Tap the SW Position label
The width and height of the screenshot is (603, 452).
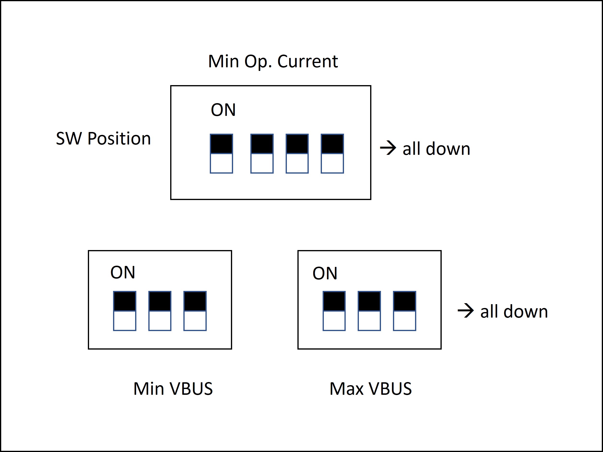tap(103, 138)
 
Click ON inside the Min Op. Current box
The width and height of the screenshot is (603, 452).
tap(223, 110)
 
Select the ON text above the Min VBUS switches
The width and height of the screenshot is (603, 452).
tap(123, 272)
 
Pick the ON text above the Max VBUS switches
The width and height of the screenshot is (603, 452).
tap(325, 273)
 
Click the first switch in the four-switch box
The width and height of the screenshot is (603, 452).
tap(221, 153)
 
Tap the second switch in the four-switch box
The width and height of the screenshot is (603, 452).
tap(262, 153)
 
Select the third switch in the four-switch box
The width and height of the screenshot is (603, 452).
tap(297, 153)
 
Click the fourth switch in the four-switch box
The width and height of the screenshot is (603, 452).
tap(332, 153)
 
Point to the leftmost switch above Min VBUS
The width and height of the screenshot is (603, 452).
tap(125, 311)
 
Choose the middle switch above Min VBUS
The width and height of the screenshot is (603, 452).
tap(160, 311)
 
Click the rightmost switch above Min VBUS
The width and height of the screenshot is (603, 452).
tap(195, 311)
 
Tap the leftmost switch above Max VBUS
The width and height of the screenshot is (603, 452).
tap(334, 311)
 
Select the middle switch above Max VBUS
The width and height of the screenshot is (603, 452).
tap(369, 311)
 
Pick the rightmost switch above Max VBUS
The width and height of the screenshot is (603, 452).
tap(404, 311)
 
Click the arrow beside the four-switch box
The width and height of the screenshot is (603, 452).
tap(388, 148)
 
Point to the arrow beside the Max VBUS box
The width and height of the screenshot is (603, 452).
tap(466, 311)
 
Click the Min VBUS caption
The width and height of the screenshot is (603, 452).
tap(173, 389)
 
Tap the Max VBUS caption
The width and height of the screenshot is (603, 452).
tap(370, 389)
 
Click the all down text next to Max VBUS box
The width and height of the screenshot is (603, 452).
tap(514, 311)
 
